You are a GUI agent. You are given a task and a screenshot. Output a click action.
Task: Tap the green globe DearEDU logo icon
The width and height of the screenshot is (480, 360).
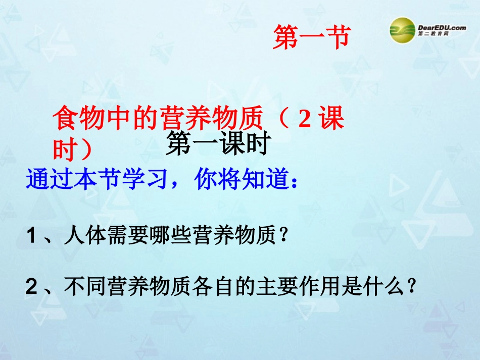coord(402,30)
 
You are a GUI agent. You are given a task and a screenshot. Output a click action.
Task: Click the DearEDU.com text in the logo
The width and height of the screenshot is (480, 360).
coord(442,28)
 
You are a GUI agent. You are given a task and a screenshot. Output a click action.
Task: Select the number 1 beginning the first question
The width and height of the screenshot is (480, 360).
coord(32,236)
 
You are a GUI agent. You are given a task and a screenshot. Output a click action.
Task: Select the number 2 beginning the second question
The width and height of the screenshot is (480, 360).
coord(32,288)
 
